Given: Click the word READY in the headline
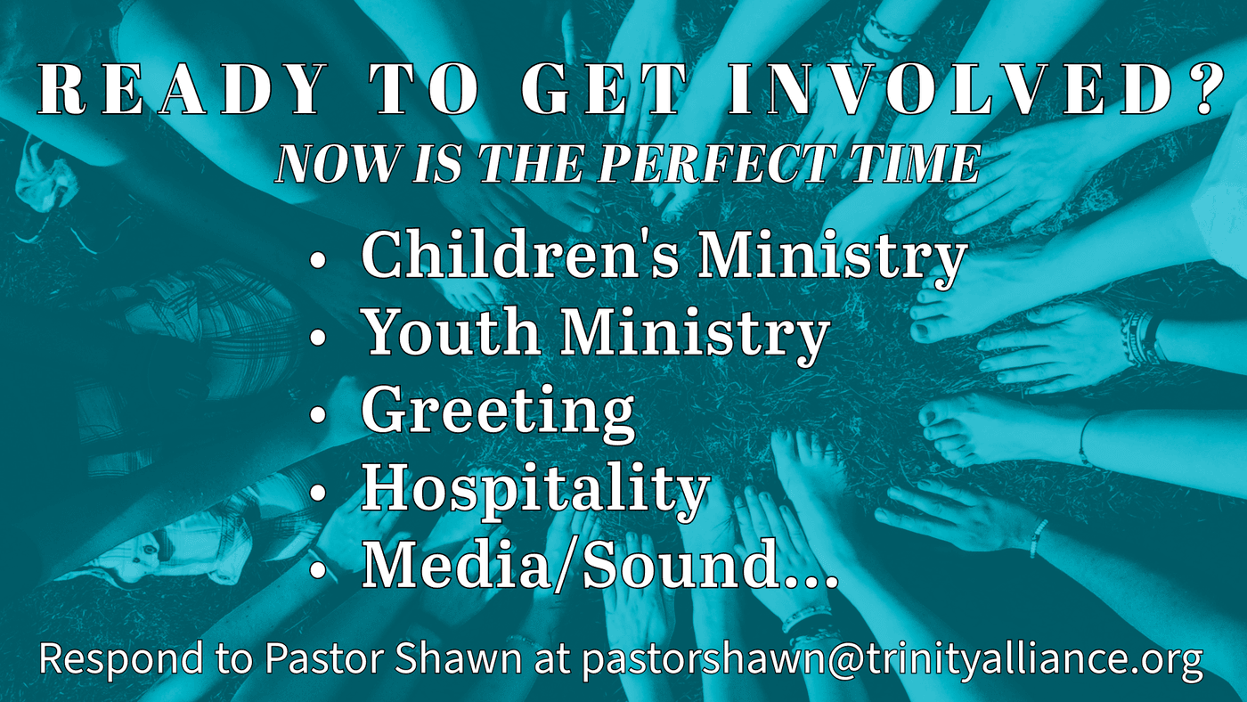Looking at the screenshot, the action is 179,91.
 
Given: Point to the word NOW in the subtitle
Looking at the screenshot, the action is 338,164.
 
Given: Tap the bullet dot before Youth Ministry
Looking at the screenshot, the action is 317,338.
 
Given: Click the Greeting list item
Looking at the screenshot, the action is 498,413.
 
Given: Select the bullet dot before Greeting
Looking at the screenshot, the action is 317,415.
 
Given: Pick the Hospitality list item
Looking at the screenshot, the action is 535,490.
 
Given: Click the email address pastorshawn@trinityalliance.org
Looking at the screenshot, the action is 892,660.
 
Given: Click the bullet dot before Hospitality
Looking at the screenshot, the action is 317,492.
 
